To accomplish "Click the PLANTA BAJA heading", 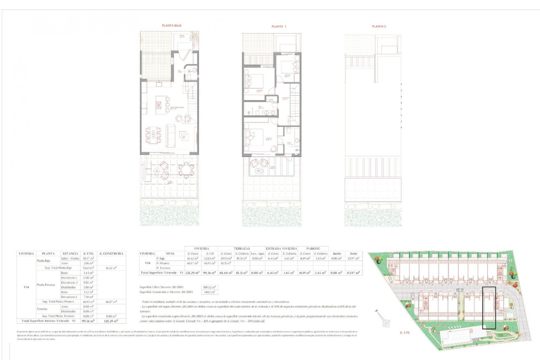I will pos(172,26).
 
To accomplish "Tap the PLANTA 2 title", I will pos(379,26).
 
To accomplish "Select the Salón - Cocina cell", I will pos(70,258).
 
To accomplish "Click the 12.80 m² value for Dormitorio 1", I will pos(88,278).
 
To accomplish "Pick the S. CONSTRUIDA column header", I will pos(111,253).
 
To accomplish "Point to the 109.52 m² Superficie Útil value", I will pos(210,287).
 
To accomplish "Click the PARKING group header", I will pos(313,248).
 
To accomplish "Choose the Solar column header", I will pos(354,253).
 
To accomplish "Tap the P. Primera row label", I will pos(163,263).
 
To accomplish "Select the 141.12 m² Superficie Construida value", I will pos(210,292).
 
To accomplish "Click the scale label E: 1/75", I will pos(405,333).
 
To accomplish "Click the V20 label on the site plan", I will pos(421,291).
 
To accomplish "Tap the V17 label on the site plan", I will pos(450,291).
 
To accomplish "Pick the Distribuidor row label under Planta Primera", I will pos(68,287).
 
